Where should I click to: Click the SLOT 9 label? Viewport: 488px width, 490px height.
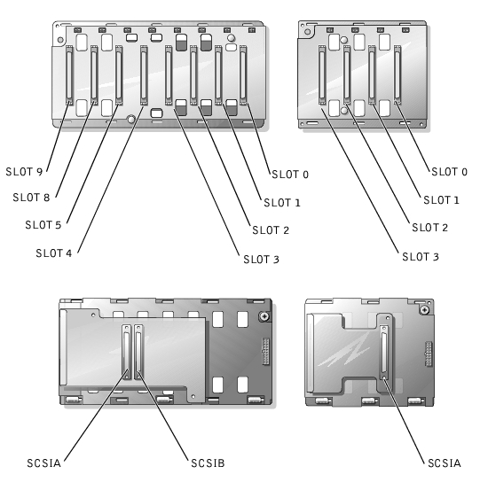[x=24, y=172]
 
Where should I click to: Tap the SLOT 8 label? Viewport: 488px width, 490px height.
[x=31, y=198]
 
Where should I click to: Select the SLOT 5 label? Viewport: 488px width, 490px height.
[x=43, y=225]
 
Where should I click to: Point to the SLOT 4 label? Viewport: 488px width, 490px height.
[x=54, y=253]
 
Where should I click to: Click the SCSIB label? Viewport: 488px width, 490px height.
[x=208, y=463]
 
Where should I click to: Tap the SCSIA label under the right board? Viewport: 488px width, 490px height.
[x=445, y=463]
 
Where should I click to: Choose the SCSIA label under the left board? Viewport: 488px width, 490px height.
[x=43, y=463]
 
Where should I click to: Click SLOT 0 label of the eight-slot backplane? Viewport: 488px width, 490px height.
[x=290, y=174]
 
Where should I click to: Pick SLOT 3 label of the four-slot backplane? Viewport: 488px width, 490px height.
[x=421, y=257]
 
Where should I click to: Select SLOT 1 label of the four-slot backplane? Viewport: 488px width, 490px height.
[x=441, y=199]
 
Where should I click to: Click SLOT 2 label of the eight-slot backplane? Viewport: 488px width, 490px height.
[x=271, y=230]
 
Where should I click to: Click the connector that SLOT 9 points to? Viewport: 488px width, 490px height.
[x=69, y=75]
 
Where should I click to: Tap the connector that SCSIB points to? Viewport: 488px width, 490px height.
[x=138, y=352]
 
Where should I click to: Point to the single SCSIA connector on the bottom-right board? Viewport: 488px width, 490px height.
[x=384, y=353]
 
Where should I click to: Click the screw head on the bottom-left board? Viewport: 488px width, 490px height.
[x=264, y=316]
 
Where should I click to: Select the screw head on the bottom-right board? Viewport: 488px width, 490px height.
[x=424, y=310]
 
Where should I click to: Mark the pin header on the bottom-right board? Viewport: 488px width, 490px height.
[x=429, y=354]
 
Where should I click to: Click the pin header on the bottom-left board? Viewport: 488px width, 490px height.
[x=266, y=352]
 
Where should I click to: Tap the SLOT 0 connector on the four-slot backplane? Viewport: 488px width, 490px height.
[x=397, y=74]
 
